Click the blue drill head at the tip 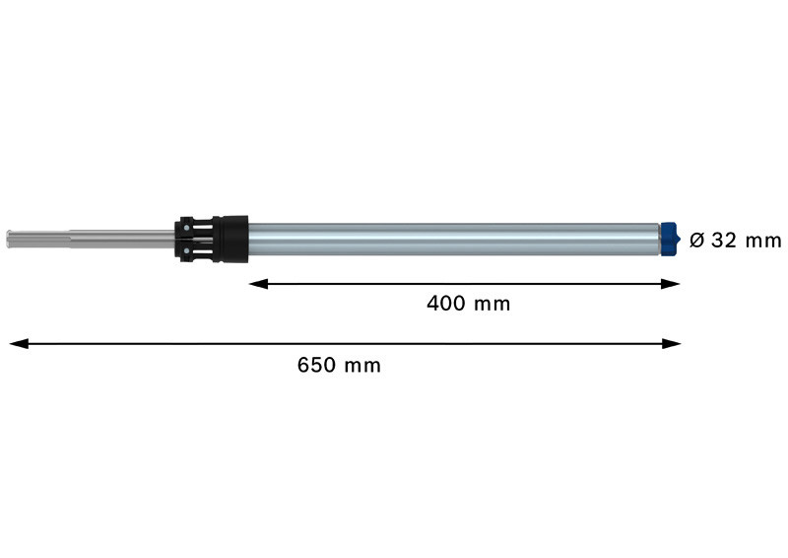pyautogui.click(x=671, y=239)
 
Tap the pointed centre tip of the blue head pyautogui.click(x=681, y=239)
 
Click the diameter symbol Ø pyautogui.click(x=697, y=241)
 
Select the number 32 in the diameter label pyautogui.click(x=724, y=241)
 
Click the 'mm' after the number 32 pyautogui.click(x=763, y=242)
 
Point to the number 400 pyautogui.click(x=446, y=304)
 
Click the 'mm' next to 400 pyautogui.click(x=492, y=305)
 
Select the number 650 pyautogui.click(x=316, y=365)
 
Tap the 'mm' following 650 pyautogui.click(x=362, y=367)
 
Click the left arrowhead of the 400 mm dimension pyautogui.click(x=258, y=284)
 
